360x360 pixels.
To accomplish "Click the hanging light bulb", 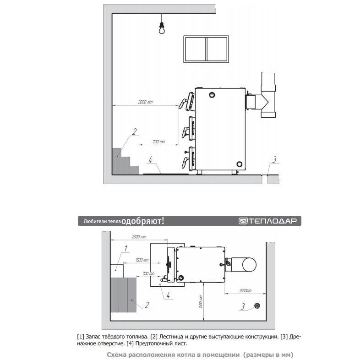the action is [x=162, y=28].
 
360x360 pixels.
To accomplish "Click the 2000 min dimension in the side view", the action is [x=145, y=102].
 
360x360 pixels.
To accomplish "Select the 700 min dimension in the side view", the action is [x=159, y=142].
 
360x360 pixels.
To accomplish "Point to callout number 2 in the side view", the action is [x=134, y=131].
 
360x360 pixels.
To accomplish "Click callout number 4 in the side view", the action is [x=150, y=160].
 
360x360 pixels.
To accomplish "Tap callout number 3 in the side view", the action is [x=274, y=159].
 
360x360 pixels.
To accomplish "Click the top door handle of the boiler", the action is [x=183, y=104].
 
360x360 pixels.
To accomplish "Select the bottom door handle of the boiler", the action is [x=185, y=162].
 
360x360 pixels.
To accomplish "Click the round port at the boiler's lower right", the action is [x=240, y=164].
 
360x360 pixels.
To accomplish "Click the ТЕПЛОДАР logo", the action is [x=267, y=221].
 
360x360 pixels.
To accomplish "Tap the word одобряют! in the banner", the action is [x=143, y=221].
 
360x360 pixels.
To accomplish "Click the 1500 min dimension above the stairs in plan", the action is [x=142, y=260].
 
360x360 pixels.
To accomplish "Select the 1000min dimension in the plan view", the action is [x=245, y=291].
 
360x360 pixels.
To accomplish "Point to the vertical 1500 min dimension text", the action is [x=201, y=301].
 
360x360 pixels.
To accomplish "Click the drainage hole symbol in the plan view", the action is [x=257, y=306].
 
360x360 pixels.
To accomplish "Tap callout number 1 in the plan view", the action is [x=125, y=248].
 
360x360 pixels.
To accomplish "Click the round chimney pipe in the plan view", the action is [x=249, y=264].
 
